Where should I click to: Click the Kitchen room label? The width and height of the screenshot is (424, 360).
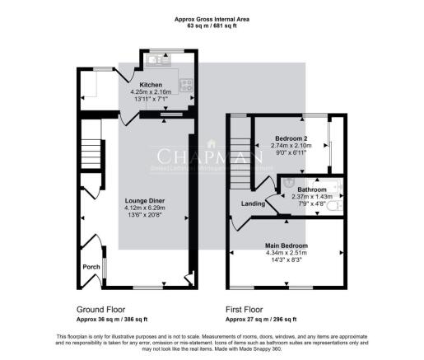pyautogui.click(x=150, y=85)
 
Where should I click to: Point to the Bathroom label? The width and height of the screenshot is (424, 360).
pyautogui.click(x=301, y=189)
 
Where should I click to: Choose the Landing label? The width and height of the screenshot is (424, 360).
pyautogui.click(x=252, y=204)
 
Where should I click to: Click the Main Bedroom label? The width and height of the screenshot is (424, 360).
pyautogui.click(x=286, y=245)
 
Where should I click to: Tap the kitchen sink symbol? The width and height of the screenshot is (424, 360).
pyautogui.click(x=154, y=60)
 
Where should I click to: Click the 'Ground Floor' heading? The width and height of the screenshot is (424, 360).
pyautogui.click(x=99, y=310)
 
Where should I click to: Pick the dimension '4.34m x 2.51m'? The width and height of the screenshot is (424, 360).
pyautogui.click(x=286, y=253)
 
